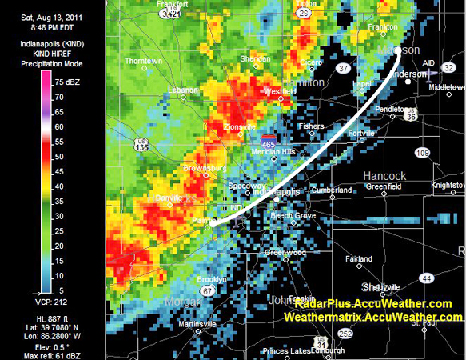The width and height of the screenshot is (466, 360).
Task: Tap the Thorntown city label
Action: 143,61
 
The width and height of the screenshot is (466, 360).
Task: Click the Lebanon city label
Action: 183,90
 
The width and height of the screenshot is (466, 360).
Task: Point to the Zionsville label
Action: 217,127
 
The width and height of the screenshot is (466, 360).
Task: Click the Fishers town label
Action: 311,126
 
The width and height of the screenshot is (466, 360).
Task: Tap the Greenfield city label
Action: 383,186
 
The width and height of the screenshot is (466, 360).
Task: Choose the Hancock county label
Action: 384,174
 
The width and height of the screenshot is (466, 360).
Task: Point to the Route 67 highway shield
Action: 207,292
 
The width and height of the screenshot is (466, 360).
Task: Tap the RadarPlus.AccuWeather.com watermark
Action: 372,305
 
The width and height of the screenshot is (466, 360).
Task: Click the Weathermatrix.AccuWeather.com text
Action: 372,317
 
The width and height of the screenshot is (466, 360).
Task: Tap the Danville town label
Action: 169,197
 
